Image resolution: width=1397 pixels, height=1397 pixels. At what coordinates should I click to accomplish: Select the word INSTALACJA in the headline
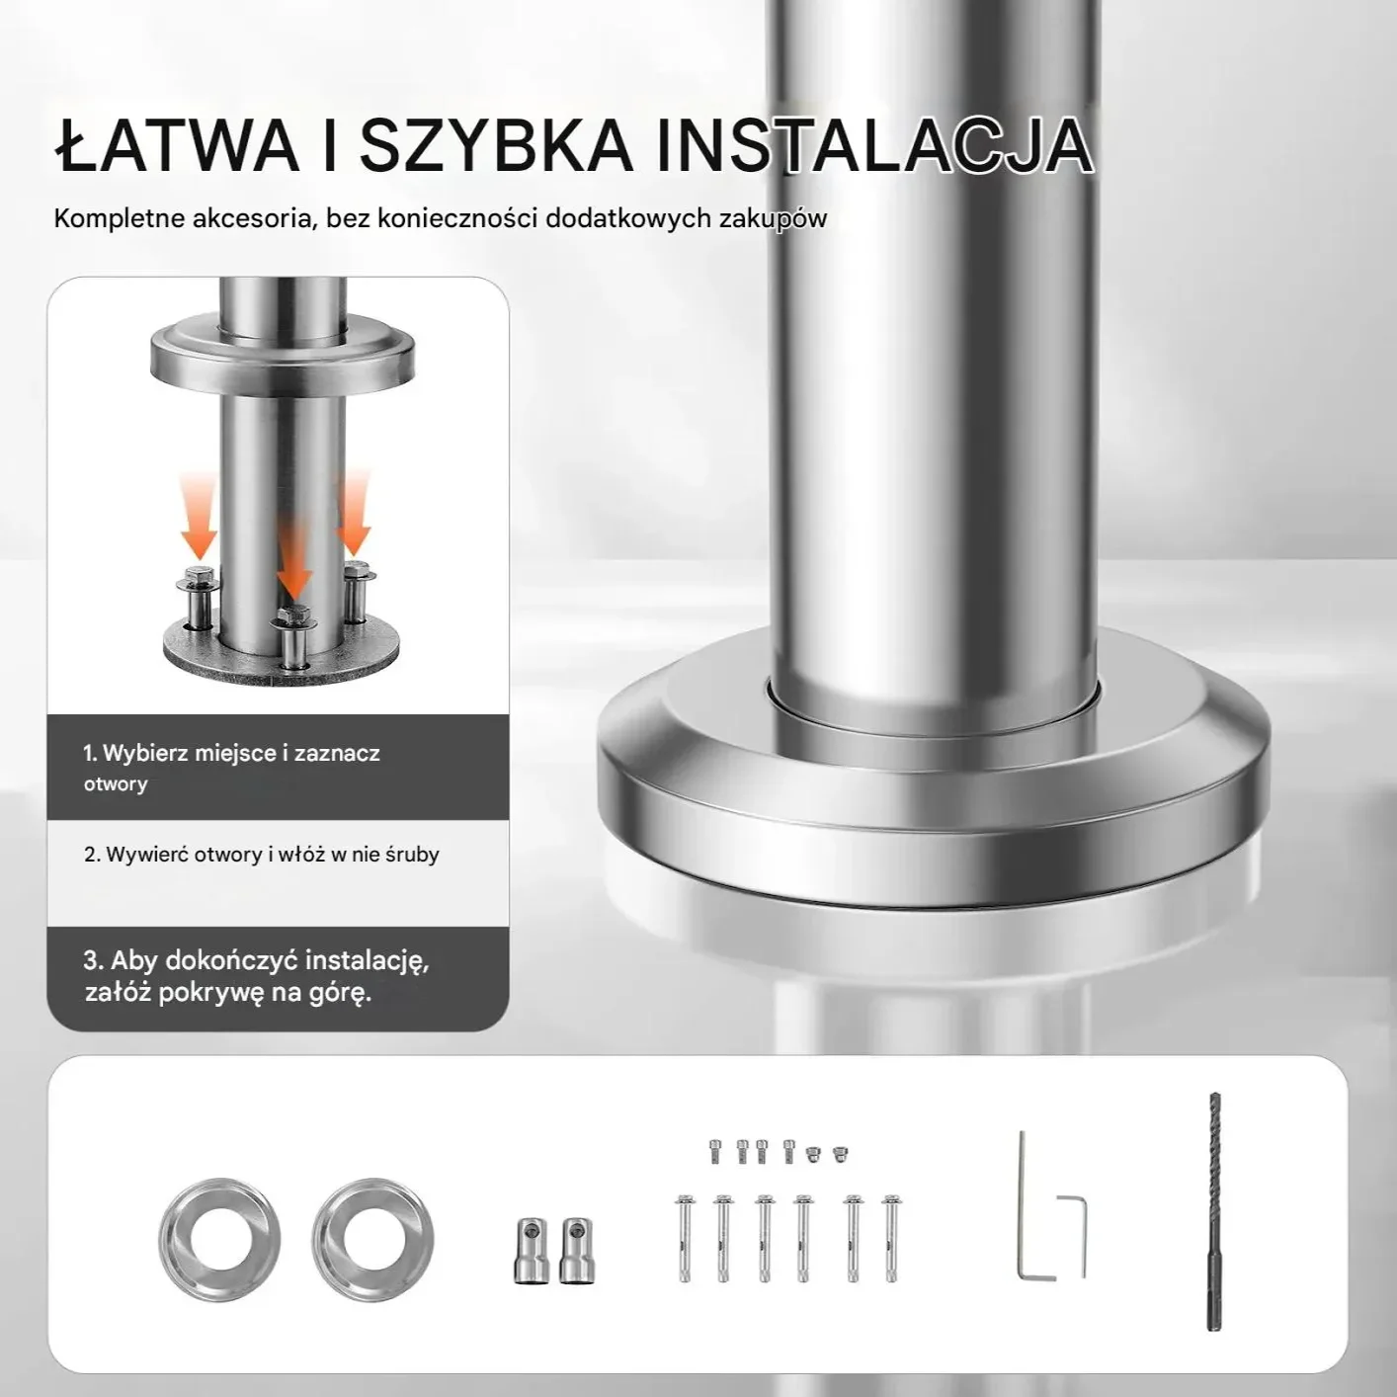(874, 147)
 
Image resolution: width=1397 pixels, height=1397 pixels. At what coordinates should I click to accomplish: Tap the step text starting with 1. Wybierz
(231, 767)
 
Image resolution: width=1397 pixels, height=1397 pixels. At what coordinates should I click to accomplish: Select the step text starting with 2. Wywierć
(262, 854)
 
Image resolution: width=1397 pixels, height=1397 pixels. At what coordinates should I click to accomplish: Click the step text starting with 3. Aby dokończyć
(256, 976)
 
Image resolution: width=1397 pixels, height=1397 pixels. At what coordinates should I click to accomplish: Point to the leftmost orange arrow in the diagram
(198, 516)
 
